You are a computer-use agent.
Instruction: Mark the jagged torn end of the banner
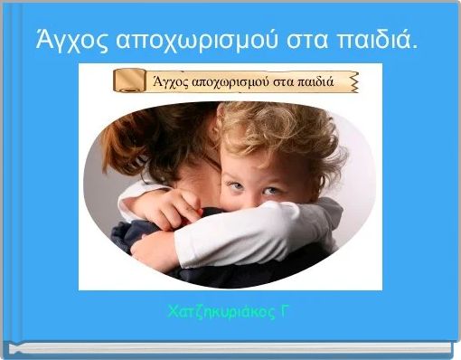353,81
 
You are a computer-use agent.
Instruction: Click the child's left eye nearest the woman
233,185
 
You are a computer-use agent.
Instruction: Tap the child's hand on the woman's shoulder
168,208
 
